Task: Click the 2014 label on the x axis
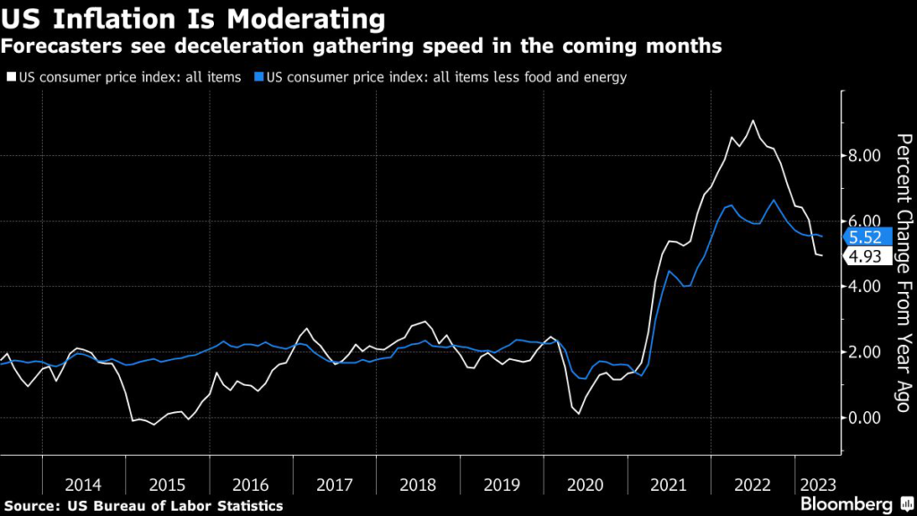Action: coord(84,484)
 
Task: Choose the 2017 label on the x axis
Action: coord(335,484)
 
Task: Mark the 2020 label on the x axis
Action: coord(586,484)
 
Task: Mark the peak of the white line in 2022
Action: coord(752,120)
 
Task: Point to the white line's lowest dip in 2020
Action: coord(578,413)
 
